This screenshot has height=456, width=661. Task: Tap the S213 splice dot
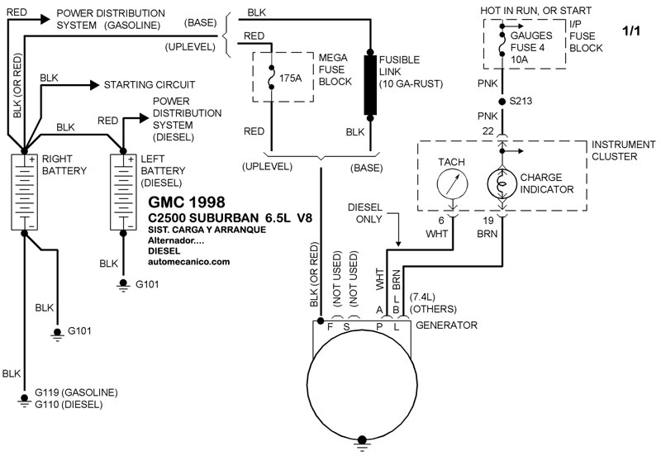(502, 102)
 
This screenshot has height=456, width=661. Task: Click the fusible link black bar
(369, 88)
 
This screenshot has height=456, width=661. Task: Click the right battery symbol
(25, 191)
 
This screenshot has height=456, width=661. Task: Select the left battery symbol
(123, 191)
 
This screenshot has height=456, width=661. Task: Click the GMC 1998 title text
(186, 202)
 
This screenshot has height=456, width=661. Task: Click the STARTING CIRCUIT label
(149, 84)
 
